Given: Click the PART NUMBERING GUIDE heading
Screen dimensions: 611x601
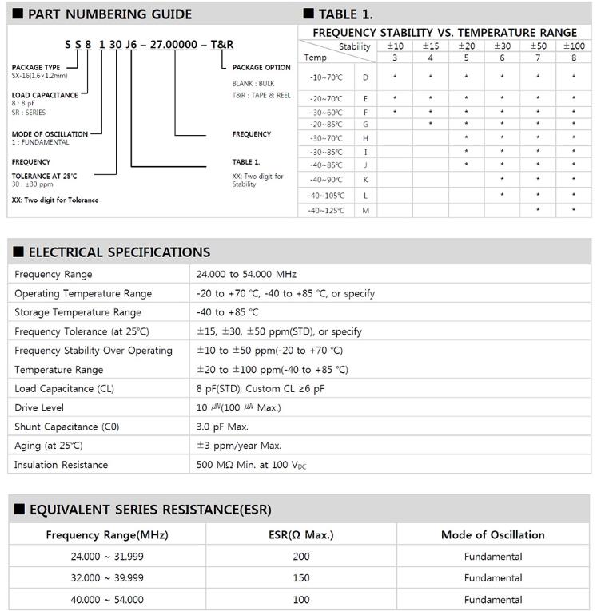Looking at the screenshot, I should click(109, 14).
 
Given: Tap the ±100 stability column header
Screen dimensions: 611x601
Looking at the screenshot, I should click(573, 46).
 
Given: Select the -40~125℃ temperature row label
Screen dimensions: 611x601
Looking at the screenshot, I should click(326, 210).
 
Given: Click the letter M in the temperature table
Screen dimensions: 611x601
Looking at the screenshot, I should click(365, 210).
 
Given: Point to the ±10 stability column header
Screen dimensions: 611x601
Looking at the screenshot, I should click(395, 46).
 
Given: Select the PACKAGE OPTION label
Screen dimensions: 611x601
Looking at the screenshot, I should click(261, 68).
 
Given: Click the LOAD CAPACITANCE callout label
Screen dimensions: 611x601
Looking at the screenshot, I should click(45, 95).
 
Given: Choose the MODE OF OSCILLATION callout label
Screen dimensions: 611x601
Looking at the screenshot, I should click(50, 134).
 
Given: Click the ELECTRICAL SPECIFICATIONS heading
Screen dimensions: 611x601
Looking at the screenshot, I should click(119, 252).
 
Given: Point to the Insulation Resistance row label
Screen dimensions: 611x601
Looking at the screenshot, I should click(61, 465).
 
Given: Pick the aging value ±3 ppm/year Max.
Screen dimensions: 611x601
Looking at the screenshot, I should click(239, 446).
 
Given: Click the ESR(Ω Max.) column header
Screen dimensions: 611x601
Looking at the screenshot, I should click(300, 535).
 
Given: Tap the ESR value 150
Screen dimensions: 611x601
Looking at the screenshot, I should click(300, 577).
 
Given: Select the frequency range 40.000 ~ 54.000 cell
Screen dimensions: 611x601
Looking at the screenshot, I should click(107, 599).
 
